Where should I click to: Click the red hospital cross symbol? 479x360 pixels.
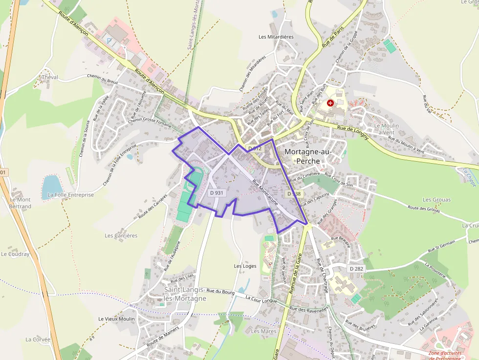(330, 103)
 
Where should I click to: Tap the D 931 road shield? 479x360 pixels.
(217, 193)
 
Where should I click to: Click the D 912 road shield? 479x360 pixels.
(255, 148)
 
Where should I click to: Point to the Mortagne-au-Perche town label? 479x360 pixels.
(308, 156)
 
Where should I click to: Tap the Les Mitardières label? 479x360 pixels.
(276, 37)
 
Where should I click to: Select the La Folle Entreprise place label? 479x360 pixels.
(71, 195)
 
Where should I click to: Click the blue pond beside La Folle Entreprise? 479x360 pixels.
(51, 185)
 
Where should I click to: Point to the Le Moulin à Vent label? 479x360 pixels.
(386, 129)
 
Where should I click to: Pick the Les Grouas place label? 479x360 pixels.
(437, 200)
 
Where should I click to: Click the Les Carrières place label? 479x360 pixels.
(121, 235)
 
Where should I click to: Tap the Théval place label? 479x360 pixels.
(50, 77)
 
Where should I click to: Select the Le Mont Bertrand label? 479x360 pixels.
(20, 203)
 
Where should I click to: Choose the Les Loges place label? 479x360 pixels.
(245, 266)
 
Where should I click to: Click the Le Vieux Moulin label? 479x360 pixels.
(116, 319)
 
